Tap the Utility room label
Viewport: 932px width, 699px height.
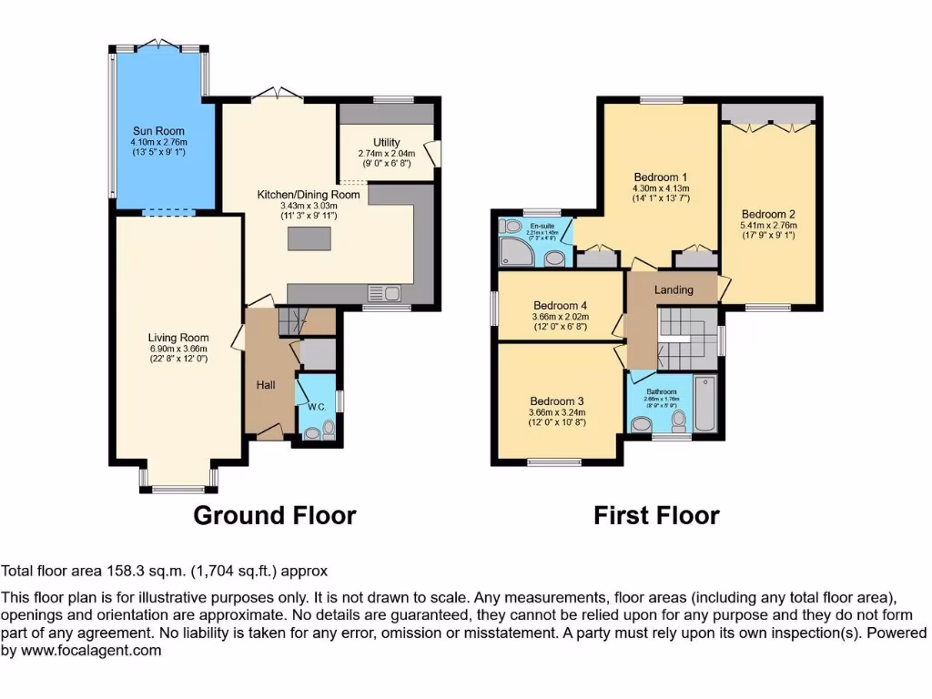pos(386,142)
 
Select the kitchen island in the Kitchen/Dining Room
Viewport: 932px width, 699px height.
pos(309,238)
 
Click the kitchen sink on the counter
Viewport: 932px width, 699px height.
pos(385,292)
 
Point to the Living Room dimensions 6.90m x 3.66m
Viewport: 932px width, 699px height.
pos(178,349)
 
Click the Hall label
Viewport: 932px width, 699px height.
pos(266,386)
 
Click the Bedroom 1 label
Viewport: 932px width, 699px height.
pos(660,177)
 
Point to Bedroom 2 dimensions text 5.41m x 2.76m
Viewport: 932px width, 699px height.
pos(768,226)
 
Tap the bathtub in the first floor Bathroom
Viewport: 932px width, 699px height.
pos(705,404)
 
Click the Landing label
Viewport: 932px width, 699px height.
pos(674,289)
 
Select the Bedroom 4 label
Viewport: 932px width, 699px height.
pos(560,305)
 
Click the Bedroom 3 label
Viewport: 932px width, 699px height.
pos(557,400)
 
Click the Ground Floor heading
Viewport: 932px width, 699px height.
pos(274,516)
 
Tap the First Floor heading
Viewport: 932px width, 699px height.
pos(656,516)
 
